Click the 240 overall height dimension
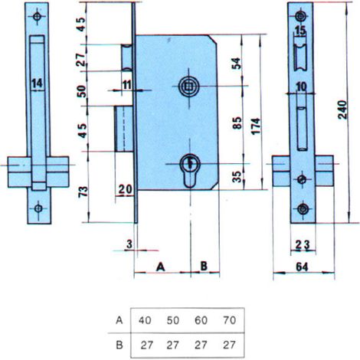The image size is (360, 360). pos(342,110)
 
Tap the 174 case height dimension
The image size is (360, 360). pos(256,126)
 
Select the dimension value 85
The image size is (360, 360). pos(237,123)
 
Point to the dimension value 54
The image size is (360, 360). pos(236,64)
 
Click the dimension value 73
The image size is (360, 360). pos(83,191)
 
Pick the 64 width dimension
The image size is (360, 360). pos(302,267)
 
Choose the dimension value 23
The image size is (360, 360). pos(303,245)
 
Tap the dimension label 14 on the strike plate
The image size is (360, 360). pos(38,83)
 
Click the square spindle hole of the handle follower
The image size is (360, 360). pos(189,87)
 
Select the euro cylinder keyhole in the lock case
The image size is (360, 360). pos(190,171)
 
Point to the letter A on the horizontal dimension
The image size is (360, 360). pos(161,267)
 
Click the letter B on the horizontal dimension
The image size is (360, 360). pos(204,266)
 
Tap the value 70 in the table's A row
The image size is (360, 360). pos(229,320)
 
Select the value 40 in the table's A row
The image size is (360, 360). pos(145,320)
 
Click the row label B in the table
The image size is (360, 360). pos(119,345)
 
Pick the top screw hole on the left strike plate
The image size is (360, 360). pos(38,17)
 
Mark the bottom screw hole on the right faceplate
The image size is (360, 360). pos(303,209)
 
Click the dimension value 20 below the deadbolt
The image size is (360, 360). pos(126,189)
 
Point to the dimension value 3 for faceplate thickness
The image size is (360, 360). pos(129,244)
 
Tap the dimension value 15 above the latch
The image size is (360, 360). pos(300,31)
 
